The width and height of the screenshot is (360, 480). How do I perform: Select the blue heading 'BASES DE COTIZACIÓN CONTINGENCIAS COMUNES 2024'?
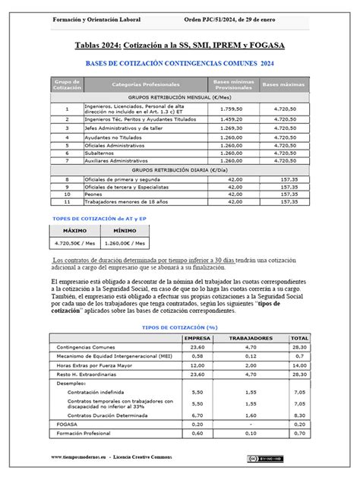click(x=180, y=65)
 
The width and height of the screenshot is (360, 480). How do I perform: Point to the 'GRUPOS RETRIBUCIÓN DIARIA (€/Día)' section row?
click(x=180, y=169)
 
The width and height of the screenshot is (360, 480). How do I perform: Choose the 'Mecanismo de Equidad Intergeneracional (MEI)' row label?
click(x=113, y=355)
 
